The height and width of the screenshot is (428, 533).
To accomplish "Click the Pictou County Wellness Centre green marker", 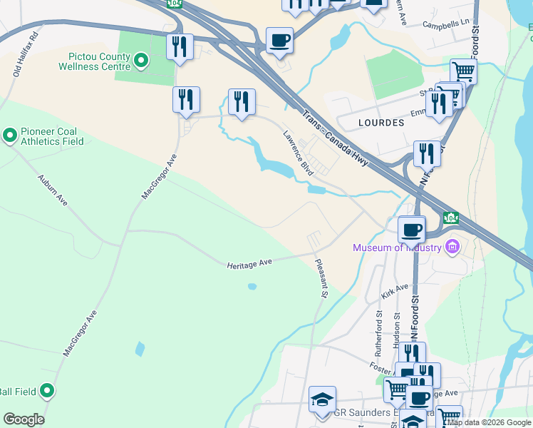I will pyautogui.click(x=141, y=61).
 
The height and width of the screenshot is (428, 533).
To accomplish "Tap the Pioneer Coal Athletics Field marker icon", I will pyautogui.click(x=10, y=135).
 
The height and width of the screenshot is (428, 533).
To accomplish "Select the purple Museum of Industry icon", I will pyautogui.click(x=451, y=248).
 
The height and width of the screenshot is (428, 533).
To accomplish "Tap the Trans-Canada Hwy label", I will pyautogui.click(x=334, y=138).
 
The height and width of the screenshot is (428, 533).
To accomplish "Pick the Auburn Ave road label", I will pyautogui.click(x=52, y=190).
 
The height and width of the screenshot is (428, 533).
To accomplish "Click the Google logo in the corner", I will pyautogui.click(x=24, y=419).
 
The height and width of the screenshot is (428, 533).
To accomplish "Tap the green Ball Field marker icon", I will pyautogui.click(x=47, y=391).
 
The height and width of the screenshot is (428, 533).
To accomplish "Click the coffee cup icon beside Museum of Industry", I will pyautogui.click(x=412, y=230).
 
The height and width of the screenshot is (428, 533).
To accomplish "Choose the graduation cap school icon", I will pyautogui.click(x=322, y=400).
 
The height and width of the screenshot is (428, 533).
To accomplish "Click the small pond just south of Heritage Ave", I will pyautogui.click(x=252, y=287).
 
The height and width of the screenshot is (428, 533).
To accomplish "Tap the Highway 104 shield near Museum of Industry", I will pyautogui.click(x=450, y=217).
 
